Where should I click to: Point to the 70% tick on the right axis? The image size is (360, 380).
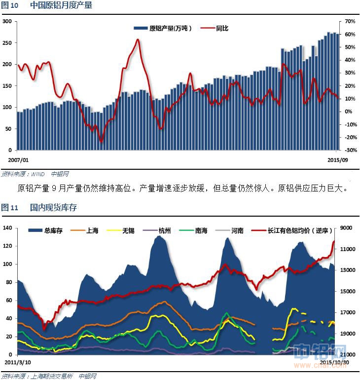[350, 22]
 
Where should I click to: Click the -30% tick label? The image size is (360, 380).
[350, 150]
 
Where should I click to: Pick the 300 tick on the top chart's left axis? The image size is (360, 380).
[7, 22]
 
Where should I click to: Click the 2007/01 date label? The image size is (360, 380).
[18, 160]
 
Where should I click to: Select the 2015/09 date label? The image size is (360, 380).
[338, 160]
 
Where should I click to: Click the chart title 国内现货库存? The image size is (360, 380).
[54, 208]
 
